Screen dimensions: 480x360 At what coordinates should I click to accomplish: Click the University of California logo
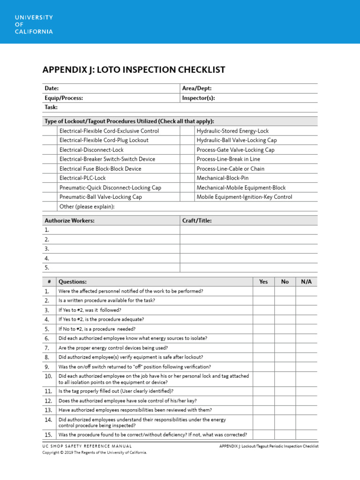click(x=33, y=24)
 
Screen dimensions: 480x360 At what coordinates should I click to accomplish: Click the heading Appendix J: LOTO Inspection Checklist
click(x=134, y=70)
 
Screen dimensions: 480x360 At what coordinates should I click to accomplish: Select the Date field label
click(x=52, y=88)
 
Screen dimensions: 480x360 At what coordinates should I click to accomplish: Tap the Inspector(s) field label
click(x=198, y=98)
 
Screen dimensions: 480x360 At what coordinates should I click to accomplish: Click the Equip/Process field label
click(x=64, y=98)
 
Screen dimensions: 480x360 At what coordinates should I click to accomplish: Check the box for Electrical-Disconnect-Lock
click(x=50, y=150)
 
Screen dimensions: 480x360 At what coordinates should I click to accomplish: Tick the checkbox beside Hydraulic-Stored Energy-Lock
click(x=187, y=131)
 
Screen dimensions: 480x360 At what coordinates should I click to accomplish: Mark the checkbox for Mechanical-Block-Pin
click(x=187, y=178)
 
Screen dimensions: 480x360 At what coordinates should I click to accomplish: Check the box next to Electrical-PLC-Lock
click(x=50, y=178)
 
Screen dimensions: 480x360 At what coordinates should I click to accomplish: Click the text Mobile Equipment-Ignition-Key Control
click(x=244, y=197)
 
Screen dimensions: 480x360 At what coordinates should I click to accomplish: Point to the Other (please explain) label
click(x=87, y=207)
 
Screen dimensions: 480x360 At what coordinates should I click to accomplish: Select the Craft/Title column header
click(x=196, y=220)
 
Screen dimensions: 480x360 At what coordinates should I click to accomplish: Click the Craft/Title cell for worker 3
click(x=248, y=249)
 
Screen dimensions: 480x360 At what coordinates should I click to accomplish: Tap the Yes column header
click(x=263, y=282)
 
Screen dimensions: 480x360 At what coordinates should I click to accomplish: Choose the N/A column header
click(x=306, y=282)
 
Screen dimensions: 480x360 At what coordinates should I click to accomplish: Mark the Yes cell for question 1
click(x=263, y=291)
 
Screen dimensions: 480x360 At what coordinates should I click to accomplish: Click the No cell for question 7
click(x=285, y=348)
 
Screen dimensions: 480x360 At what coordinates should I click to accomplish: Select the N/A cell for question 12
click(x=306, y=401)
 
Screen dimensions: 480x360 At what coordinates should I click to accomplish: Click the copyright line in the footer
click(x=95, y=453)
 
